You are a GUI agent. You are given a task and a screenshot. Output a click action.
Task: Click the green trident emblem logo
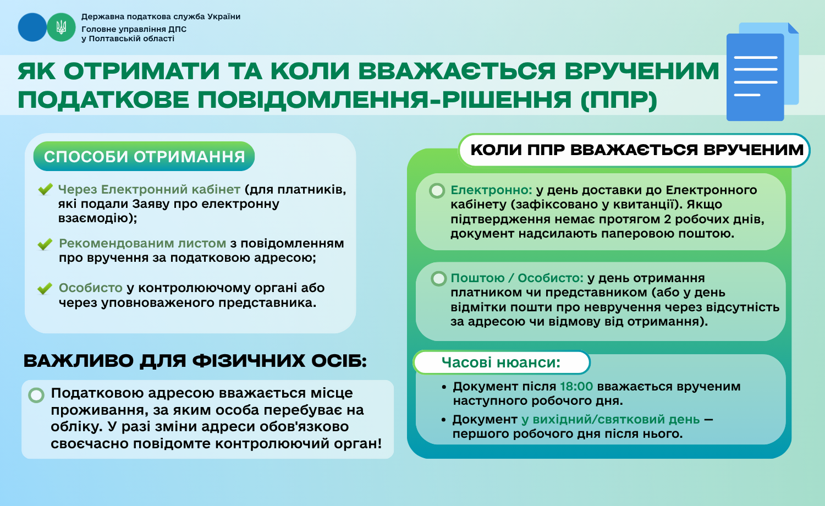click(x=61, y=28)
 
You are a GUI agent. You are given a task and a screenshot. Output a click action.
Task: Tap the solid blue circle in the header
click(x=32, y=28)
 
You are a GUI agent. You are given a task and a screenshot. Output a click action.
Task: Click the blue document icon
click(x=762, y=72)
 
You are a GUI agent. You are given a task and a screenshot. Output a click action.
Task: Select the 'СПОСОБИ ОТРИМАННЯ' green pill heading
click(x=144, y=156)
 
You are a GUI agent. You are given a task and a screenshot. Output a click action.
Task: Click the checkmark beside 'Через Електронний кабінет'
click(x=45, y=189)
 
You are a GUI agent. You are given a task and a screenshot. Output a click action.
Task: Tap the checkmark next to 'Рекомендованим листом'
click(x=45, y=244)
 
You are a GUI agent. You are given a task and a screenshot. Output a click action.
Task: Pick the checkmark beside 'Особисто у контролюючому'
click(x=45, y=288)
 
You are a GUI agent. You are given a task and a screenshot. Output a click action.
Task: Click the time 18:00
click(x=576, y=386)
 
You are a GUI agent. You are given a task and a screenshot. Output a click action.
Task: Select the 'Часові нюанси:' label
click(x=501, y=362)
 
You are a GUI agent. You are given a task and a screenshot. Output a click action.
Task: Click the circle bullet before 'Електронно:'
click(x=437, y=191)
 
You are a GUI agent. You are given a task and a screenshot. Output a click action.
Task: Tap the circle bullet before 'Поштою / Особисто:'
click(x=439, y=279)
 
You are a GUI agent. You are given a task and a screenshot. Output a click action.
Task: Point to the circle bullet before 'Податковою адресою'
click(x=36, y=395)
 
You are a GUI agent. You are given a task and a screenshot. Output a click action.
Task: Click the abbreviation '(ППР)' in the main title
click(x=619, y=100)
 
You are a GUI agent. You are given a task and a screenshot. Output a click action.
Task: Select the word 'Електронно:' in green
click(x=491, y=190)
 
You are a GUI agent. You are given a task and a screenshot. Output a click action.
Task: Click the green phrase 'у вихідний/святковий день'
click(x=610, y=420)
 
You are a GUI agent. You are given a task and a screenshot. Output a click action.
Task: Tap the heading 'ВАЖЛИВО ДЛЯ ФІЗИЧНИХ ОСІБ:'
click(x=195, y=361)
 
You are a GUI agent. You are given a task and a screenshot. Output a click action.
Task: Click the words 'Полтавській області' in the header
click(x=131, y=38)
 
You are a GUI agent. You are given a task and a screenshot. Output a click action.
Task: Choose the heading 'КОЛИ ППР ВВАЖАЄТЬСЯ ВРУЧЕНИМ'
click(x=637, y=150)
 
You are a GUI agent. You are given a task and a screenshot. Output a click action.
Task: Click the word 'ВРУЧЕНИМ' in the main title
click(x=642, y=71)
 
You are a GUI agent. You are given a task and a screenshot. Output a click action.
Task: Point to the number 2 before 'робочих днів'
click(x=667, y=219)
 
